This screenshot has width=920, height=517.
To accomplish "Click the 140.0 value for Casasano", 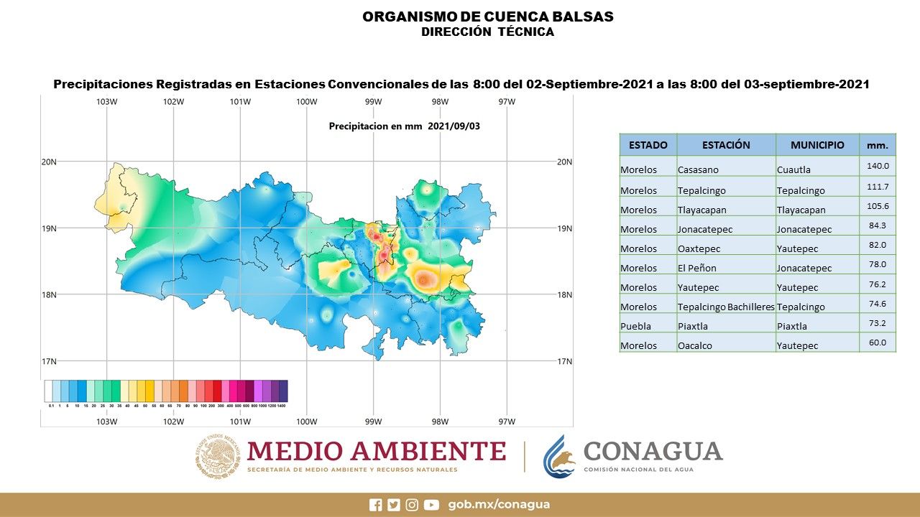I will [x=877, y=165].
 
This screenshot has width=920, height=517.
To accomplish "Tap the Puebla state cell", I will [x=636, y=326].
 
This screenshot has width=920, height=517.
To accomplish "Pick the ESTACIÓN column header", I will [x=726, y=145].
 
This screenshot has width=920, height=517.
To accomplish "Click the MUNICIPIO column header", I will [x=817, y=145].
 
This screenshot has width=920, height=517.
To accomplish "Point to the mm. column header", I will [x=877, y=145].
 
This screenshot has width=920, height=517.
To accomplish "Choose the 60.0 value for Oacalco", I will [x=877, y=343].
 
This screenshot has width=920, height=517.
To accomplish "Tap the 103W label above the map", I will [x=106, y=101].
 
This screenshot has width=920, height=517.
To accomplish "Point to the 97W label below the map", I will [x=507, y=421].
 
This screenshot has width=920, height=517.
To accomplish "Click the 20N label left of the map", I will [x=49, y=162].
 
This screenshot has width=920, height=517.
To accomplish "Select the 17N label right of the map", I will [x=564, y=361].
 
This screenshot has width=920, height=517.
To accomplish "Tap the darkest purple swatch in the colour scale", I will [x=283, y=391].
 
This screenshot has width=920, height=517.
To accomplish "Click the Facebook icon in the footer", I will [x=375, y=505].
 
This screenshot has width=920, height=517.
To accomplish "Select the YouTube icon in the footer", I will [x=431, y=505].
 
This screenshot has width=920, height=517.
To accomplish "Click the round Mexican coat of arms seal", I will [x=217, y=457].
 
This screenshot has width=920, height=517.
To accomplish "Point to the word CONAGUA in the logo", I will [x=653, y=451].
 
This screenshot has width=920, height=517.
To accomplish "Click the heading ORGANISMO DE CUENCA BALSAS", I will [x=488, y=17].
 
